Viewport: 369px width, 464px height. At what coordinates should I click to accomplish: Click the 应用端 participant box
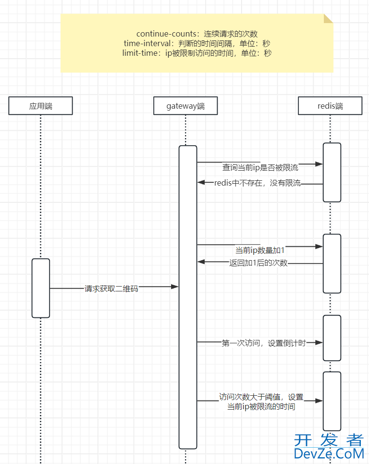[40, 106]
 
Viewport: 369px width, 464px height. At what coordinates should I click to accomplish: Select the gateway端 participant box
[185, 106]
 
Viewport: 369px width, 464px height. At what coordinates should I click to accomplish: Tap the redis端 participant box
[330, 106]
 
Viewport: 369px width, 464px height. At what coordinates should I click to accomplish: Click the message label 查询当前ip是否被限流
[260, 168]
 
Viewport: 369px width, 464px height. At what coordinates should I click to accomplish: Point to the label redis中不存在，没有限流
[257, 183]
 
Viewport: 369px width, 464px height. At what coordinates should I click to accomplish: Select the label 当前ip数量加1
[260, 250]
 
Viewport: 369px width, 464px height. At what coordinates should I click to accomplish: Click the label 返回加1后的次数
[258, 263]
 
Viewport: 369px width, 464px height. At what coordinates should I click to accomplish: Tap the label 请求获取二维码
[111, 289]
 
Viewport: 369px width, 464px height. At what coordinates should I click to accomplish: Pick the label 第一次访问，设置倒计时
[263, 343]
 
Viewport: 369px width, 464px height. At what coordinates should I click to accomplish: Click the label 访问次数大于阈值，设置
[261, 397]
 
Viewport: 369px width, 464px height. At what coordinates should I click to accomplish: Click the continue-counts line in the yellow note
[197, 34]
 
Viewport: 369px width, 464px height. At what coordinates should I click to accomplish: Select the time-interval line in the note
[197, 43]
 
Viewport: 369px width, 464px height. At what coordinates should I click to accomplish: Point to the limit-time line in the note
[197, 53]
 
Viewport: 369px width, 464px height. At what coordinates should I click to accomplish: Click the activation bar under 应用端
[41, 288]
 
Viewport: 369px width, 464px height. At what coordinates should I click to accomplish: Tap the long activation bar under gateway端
[188, 297]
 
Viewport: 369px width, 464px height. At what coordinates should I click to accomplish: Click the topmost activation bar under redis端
[332, 172]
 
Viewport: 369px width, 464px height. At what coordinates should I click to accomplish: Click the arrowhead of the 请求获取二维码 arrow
[175, 287]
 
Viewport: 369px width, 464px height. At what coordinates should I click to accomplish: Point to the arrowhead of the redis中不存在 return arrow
[201, 182]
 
